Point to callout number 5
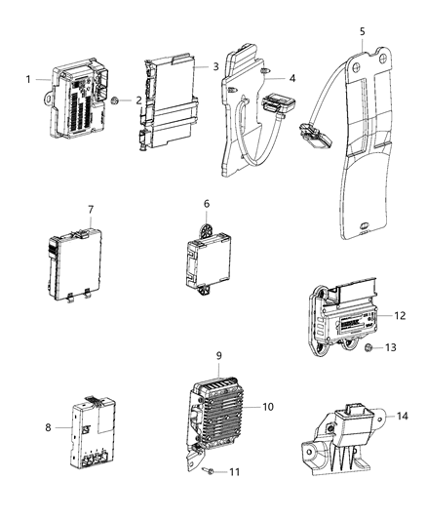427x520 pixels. point(363,30)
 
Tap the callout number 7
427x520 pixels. point(91,209)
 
